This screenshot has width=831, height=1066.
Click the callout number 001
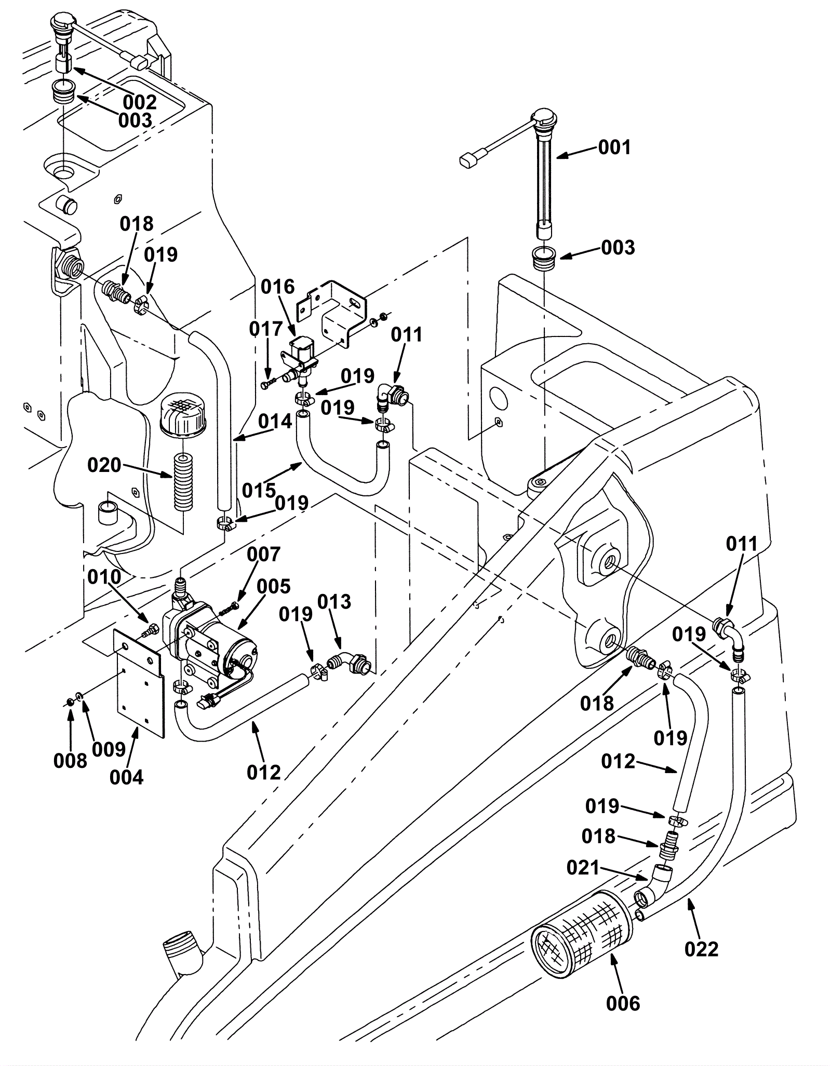pyautogui.click(x=614, y=147)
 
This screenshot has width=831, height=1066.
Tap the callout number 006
pyautogui.click(x=623, y=1003)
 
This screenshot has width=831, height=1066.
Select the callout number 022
pyautogui.click(x=702, y=949)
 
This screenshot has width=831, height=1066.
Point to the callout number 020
pyautogui.click(x=104, y=465)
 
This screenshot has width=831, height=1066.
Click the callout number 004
pyautogui.click(x=126, y=777)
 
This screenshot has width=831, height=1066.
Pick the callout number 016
pyautogui.click(x=277, y=287)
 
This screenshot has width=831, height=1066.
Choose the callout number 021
pyautogui.click(x=583, y=867)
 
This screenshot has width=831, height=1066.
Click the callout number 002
pyautogui.click(x=140, y=102)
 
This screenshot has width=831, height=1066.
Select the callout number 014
pyautogui.click(x=275, y=421)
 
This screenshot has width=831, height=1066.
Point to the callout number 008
pyautogui.click(x=70, y=761)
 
